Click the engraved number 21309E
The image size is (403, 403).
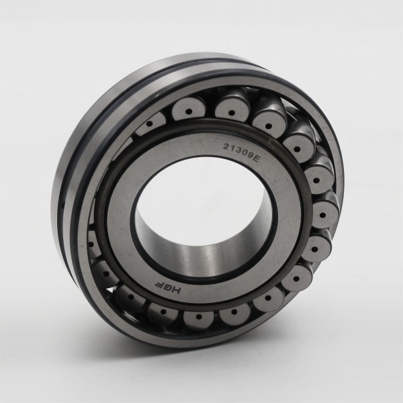click(241, 152)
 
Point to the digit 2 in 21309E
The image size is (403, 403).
click(226, 146)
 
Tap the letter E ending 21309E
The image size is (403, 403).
click(256, 159)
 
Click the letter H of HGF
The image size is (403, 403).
click(177, 289)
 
